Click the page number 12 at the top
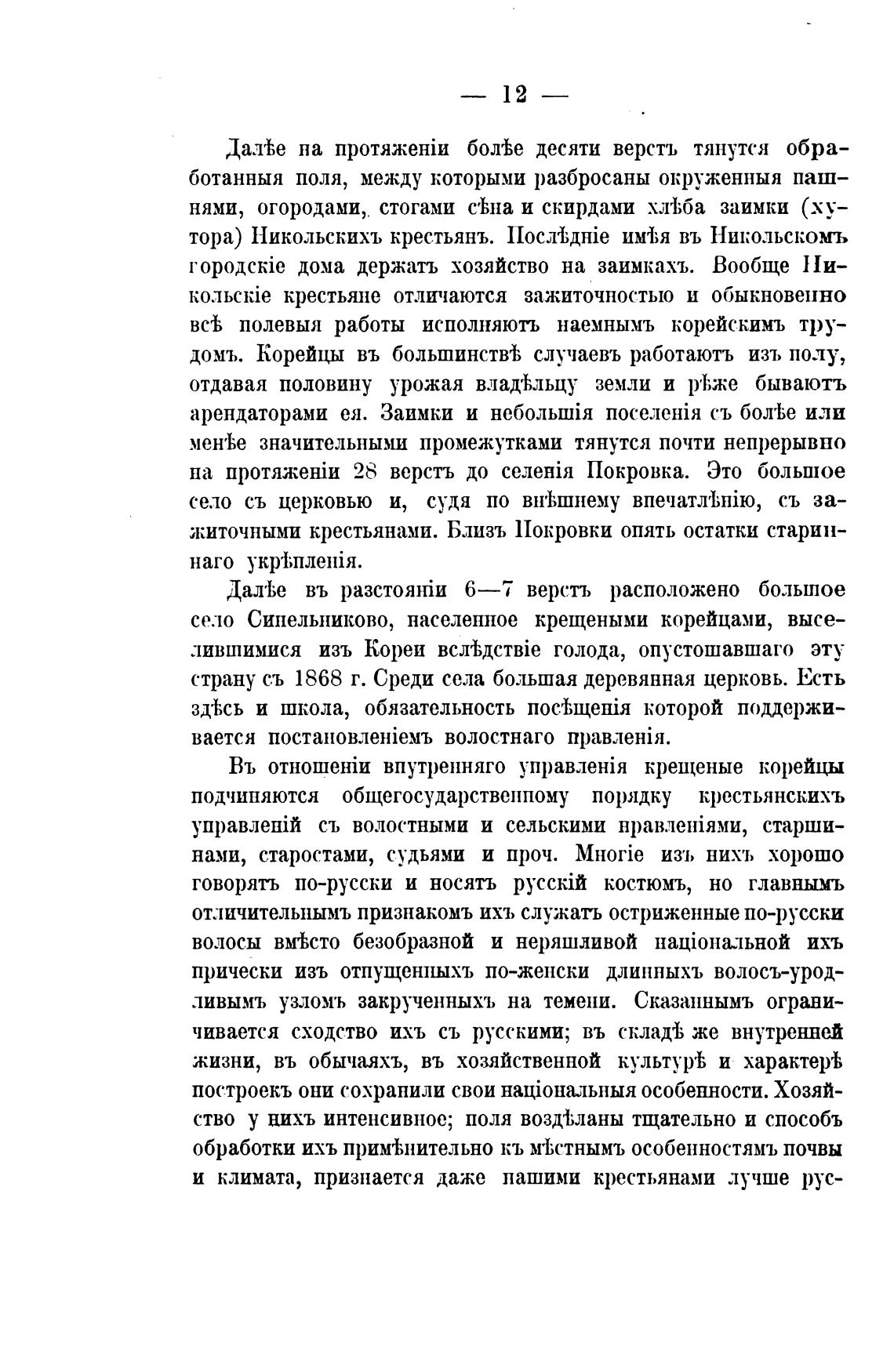[x=514, y=95]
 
